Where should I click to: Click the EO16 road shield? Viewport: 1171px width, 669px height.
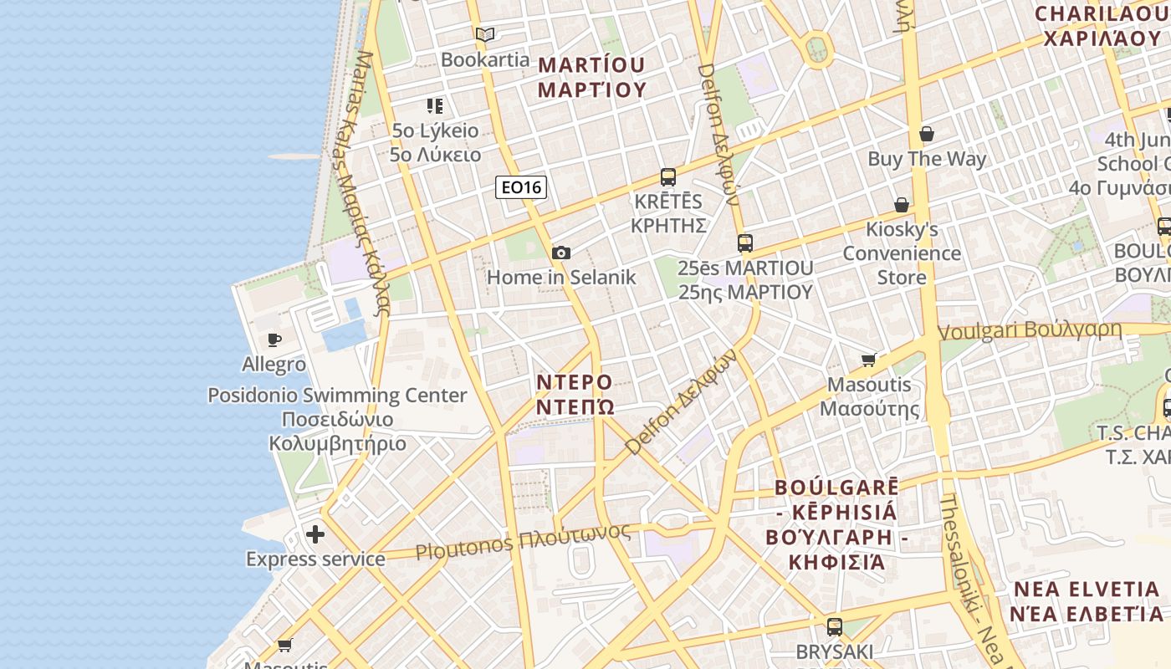pyautogui.click(x=521, y=187)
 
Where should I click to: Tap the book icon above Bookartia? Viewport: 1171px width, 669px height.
pyautogui.click(x=485, y=34)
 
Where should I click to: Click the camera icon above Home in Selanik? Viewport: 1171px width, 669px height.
pyautogui.click(x=561, y=253)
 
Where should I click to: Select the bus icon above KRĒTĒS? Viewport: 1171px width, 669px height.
pyautogui.click(x=667, y=177)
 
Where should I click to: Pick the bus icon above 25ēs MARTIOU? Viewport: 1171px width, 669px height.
pyautogui.click(x=744, y=243)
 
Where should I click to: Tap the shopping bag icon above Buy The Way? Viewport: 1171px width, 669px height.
pyautogui.click(x=927, y=134)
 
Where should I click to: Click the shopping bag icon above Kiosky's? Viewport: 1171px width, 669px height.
pyautogui.click(x=902, y=205)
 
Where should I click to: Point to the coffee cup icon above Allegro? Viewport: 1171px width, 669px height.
pyautogui.click(x=274, y=340)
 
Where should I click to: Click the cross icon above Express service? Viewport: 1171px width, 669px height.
pyautogui.click(x=315, y=534)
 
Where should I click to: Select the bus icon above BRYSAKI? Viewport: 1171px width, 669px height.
pyautogui.click(x=834, y=626)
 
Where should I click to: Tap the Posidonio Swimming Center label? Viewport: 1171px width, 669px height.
pyautogui.click(x=337, y=395)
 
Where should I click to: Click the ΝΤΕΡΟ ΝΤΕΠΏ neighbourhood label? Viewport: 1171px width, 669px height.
pyautogui.click(x=575, y=395)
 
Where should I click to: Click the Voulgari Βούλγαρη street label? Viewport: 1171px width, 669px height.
pyautogui.click(x=1030, y=330)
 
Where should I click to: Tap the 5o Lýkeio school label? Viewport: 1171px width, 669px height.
pyautogui.click(x=436, y=131)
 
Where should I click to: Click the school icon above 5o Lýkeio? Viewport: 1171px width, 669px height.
pyautogui.click(x=435, y=106)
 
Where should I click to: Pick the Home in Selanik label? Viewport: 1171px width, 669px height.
pyautogui.click(x=561, y=277)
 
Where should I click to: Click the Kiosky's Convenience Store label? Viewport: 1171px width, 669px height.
pyautogui.click(x=902, y=253)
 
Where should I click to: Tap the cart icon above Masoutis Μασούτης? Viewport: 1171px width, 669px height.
pyautogui.click(x=869, y=360)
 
